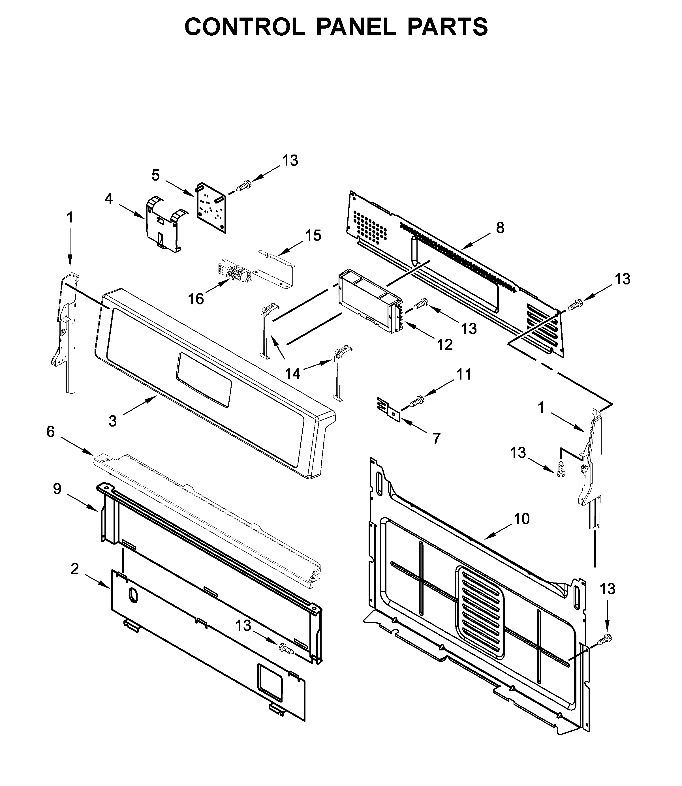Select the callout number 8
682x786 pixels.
tap(500, 228)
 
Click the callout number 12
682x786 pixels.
tap(444, 345)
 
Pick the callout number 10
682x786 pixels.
tap(521, 519)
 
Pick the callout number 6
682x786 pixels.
tap(51, 432)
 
